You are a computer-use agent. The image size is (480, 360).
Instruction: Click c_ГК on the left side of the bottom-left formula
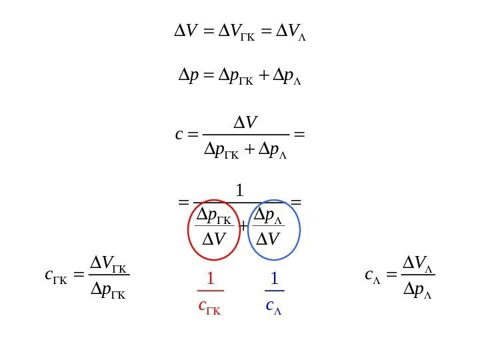53,275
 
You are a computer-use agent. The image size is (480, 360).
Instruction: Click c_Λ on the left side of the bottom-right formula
373,275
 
